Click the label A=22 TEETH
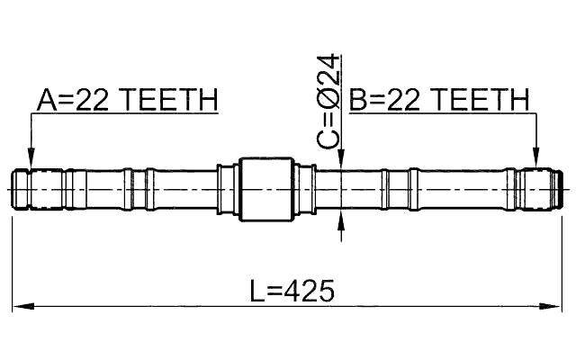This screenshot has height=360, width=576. click(x=127, y=100)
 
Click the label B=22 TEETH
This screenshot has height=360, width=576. click(x=438, y=100)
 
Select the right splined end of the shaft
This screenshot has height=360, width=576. click(x=540, y=190)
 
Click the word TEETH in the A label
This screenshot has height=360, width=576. click(x=170, y=100)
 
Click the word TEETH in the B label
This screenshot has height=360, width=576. click(x=481, y=100)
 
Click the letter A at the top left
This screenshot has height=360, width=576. click(x=45, y=100)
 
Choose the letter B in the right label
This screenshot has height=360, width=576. click(x=356, y=100)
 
